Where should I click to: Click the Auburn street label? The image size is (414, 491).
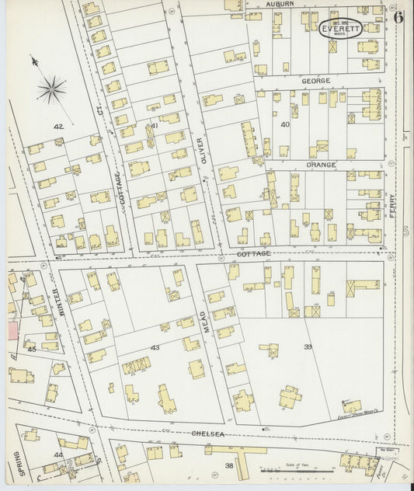(x=280, y=4)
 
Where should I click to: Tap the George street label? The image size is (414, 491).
(x=316, y=81)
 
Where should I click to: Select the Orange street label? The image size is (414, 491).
(x=321, y=165)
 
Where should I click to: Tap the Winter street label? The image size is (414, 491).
(x=56, y=301)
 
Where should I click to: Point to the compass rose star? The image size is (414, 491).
(x=52, y=89)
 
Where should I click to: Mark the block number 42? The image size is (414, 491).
(x=57, y=126)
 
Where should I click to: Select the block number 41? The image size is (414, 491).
(x=155, y=126)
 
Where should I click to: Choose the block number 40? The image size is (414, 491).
(x=285, y=124)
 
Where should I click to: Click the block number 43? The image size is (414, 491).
(x=155, y=347)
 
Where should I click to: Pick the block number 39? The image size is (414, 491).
(x=308, y=346)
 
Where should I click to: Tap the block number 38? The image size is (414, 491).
(x=229, y=466)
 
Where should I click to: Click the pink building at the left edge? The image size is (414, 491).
(x=12, y=331)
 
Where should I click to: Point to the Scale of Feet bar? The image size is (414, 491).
(x=289, y=470)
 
